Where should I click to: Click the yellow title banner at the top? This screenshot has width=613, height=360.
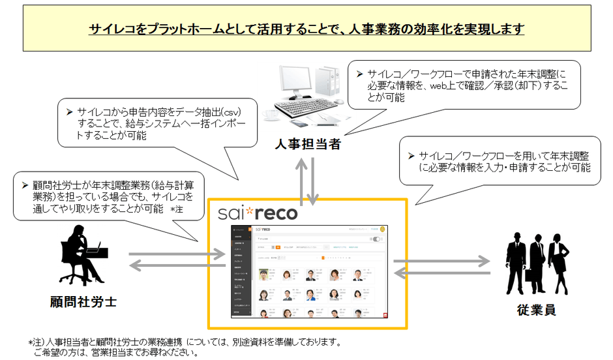306,28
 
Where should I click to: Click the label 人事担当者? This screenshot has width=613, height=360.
306,144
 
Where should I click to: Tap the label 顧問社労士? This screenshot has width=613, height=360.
83,301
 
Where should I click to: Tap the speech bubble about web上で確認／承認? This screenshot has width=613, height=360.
464,84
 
